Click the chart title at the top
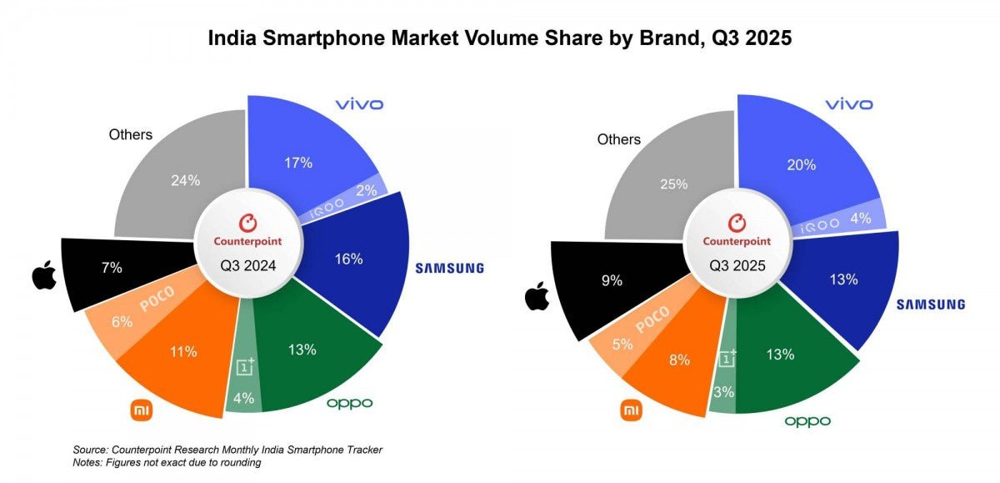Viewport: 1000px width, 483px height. pyautogui.click(x=499, y=38)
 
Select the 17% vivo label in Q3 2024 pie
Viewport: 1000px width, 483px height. pyautogui.click(x=297, y=163)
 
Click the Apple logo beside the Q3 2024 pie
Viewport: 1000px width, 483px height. pyautogui.click(x=42, y=275)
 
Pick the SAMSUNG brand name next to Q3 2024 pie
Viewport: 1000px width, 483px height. pyautogui.click(x=449, y=268)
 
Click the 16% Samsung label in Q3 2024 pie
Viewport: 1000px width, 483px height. pyautogui.click(x=349, y=259)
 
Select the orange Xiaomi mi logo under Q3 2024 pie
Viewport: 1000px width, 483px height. pyautogui.click(x=142, y=410)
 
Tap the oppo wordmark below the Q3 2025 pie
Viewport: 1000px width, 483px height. pyautogui.click(x=807, y=421)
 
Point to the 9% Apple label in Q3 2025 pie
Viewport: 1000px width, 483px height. pyautogui.click(x=612, y=281)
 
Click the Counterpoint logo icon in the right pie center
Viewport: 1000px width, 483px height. pyautogui.click(x=736, y=222)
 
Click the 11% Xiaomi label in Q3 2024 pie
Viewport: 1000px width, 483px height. pyautogui.click(x=183, y=351)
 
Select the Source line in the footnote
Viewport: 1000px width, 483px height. pyautogui.click(x=228, y=450)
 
